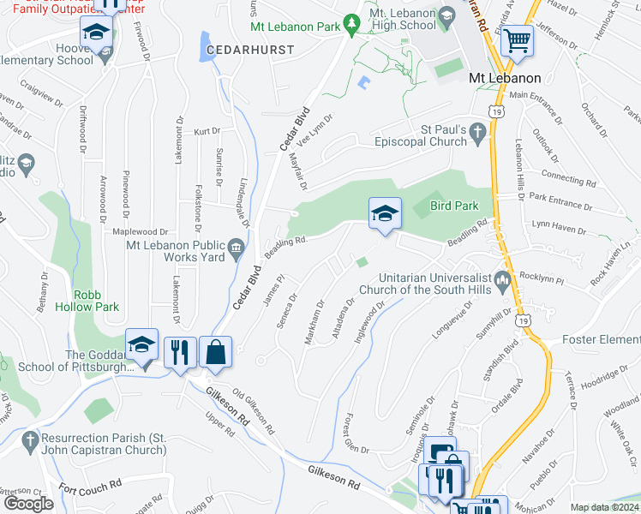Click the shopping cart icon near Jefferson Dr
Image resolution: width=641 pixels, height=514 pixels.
518,39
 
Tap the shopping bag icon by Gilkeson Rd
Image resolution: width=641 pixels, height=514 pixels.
216,351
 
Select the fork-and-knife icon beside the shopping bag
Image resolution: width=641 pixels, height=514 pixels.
180,351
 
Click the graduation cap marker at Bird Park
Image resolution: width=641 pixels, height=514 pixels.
385,213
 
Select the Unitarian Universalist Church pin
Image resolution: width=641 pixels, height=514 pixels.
502,280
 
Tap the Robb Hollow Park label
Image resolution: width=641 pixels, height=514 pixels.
96,298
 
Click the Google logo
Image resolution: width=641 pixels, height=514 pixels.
28,504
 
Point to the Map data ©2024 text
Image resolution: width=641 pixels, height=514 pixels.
604,507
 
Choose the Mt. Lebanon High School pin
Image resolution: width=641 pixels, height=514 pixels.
446,17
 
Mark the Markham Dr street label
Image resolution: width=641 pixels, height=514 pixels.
314,320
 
